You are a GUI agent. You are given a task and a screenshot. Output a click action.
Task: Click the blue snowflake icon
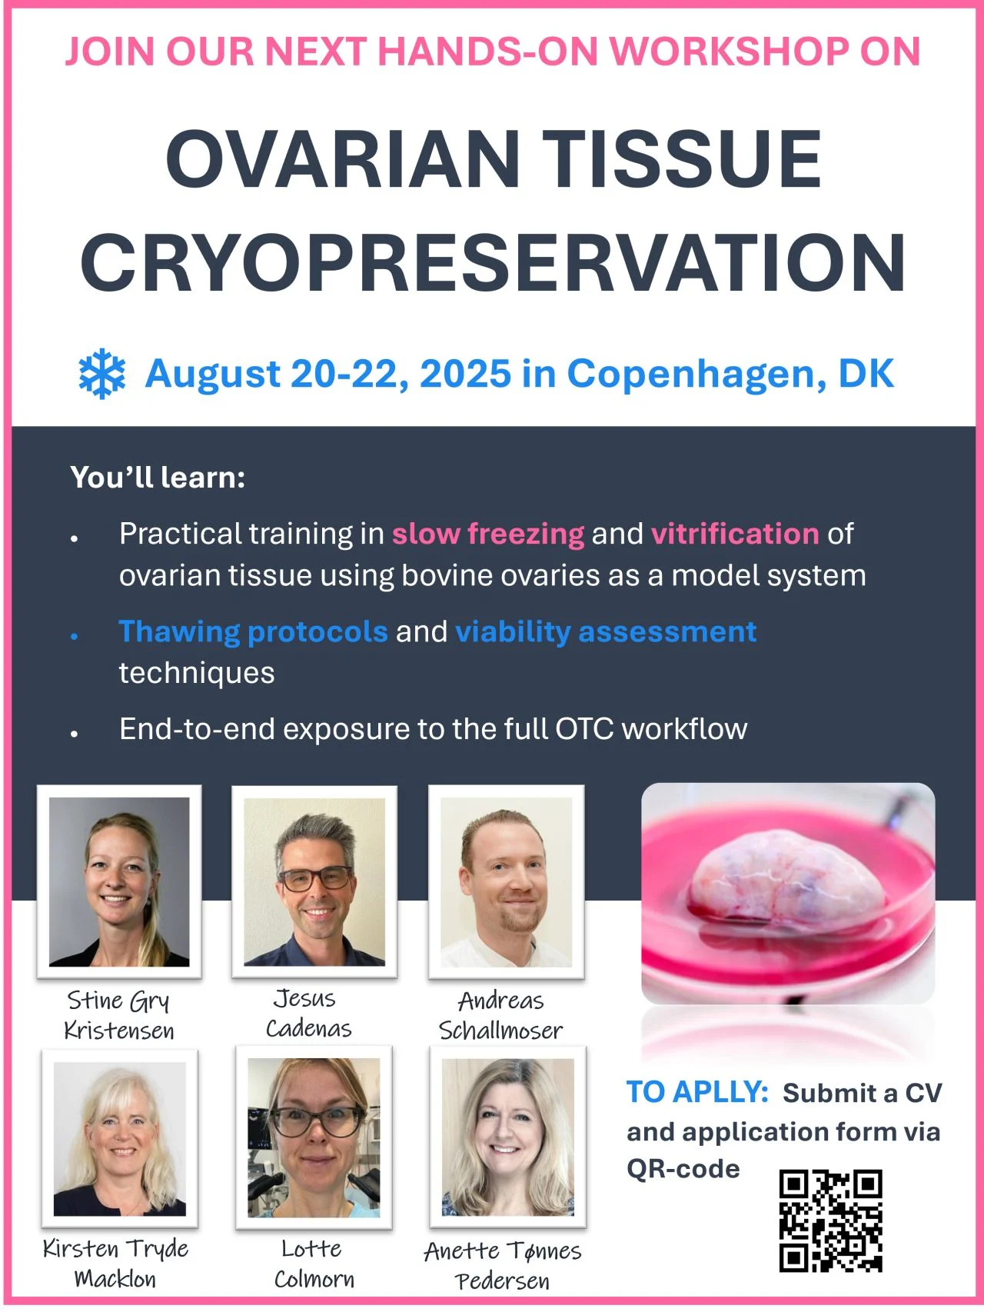[x=101, y=375]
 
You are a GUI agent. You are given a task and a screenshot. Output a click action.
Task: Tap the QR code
[x=830, y=1221]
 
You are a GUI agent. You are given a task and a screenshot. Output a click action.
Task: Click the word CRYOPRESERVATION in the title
[x=493, y=263]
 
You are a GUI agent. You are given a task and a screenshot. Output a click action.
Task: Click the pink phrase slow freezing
[x=488, y=534]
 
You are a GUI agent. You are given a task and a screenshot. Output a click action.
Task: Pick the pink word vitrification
[x=735, y=534]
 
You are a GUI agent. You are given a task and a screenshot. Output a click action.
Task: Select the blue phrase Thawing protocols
[x=253, y=632]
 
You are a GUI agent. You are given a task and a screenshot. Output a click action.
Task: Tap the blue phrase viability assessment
[x=606, y=632]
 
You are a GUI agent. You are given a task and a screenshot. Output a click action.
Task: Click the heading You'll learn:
[x=158, y=478]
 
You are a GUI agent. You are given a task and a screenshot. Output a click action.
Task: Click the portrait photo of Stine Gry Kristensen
[x=119, y=881]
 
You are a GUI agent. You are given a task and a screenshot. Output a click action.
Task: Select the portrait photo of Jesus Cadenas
[x=314, y=881]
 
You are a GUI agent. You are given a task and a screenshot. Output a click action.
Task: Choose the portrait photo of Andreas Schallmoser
[x=506, y=881]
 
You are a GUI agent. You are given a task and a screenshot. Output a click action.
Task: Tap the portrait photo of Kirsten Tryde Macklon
[x=119, y=1138]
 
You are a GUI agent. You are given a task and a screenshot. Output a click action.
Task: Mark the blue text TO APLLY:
[x=697, y=1092]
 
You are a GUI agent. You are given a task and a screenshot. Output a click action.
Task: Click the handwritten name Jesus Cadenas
[x=307, y=1014]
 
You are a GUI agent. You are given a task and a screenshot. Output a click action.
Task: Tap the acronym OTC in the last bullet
[x=584, y=729]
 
